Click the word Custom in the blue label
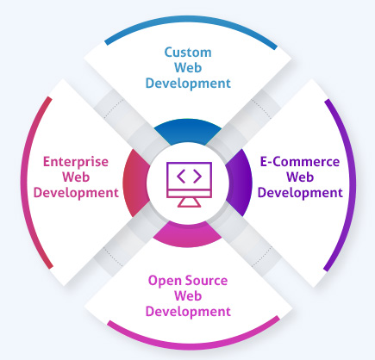tap(188, 53)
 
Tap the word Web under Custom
tap(188, 68)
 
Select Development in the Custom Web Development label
tap(188, 84)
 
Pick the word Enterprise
tap(75, 161)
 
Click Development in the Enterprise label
tap(75, 192)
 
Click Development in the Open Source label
tap(188, 310)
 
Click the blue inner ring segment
tap(188, 130)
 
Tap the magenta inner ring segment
tap(188, 233)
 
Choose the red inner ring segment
tap(134, 180)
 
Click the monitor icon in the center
tap(188, 181)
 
